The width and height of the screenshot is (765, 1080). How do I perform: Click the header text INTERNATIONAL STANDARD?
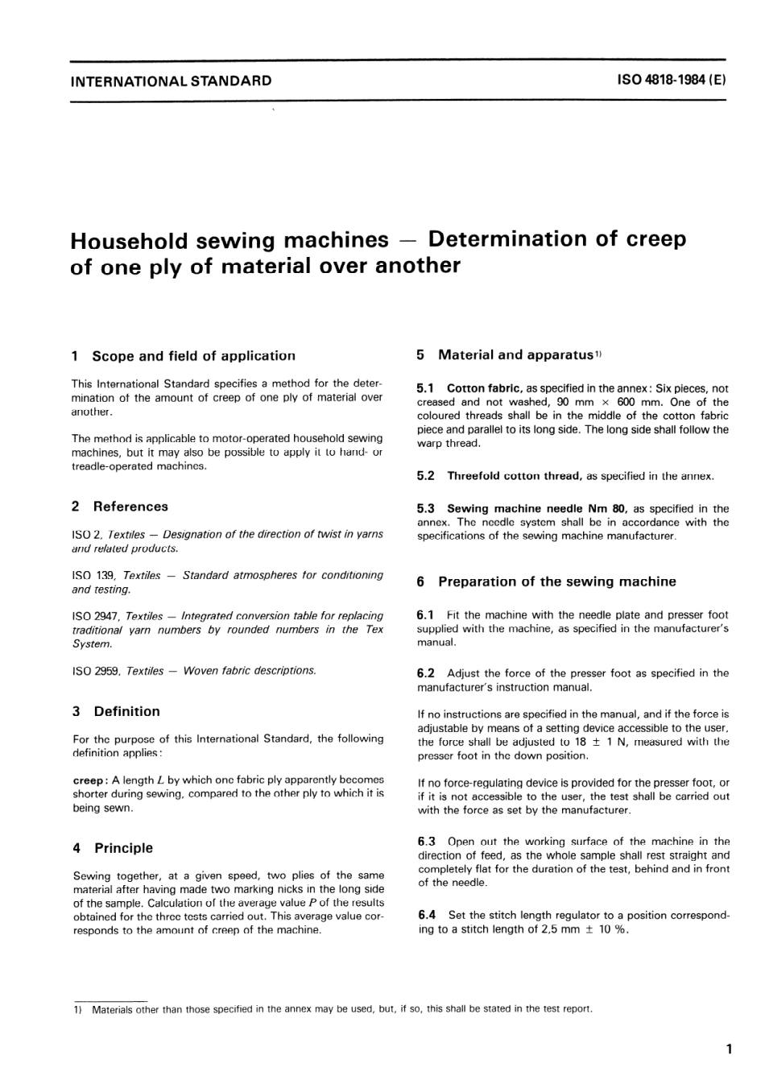click(171, 81)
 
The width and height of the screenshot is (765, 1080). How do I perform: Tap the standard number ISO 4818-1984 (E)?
click(671, 81)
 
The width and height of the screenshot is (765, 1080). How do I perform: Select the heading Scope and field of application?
click(193, 356)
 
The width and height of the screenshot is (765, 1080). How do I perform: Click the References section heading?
click(130, 507)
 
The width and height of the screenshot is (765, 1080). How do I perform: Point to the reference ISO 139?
click(95, 576)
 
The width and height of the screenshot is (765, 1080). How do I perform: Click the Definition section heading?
click(126, 711)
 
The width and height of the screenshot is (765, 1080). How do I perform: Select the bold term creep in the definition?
click(88, 780)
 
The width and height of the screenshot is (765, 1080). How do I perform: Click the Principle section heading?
click(123, 848)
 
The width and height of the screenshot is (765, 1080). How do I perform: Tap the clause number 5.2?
click(426, 476)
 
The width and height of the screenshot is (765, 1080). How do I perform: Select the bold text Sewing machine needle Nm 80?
click(536, 509)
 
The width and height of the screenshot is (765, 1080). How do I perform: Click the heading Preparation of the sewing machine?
click(556, 581)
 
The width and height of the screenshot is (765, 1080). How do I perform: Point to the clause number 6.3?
click(427, 842)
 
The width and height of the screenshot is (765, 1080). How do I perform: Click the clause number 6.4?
click(427, 915)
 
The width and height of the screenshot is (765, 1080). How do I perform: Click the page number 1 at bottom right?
click(728, 1049)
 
